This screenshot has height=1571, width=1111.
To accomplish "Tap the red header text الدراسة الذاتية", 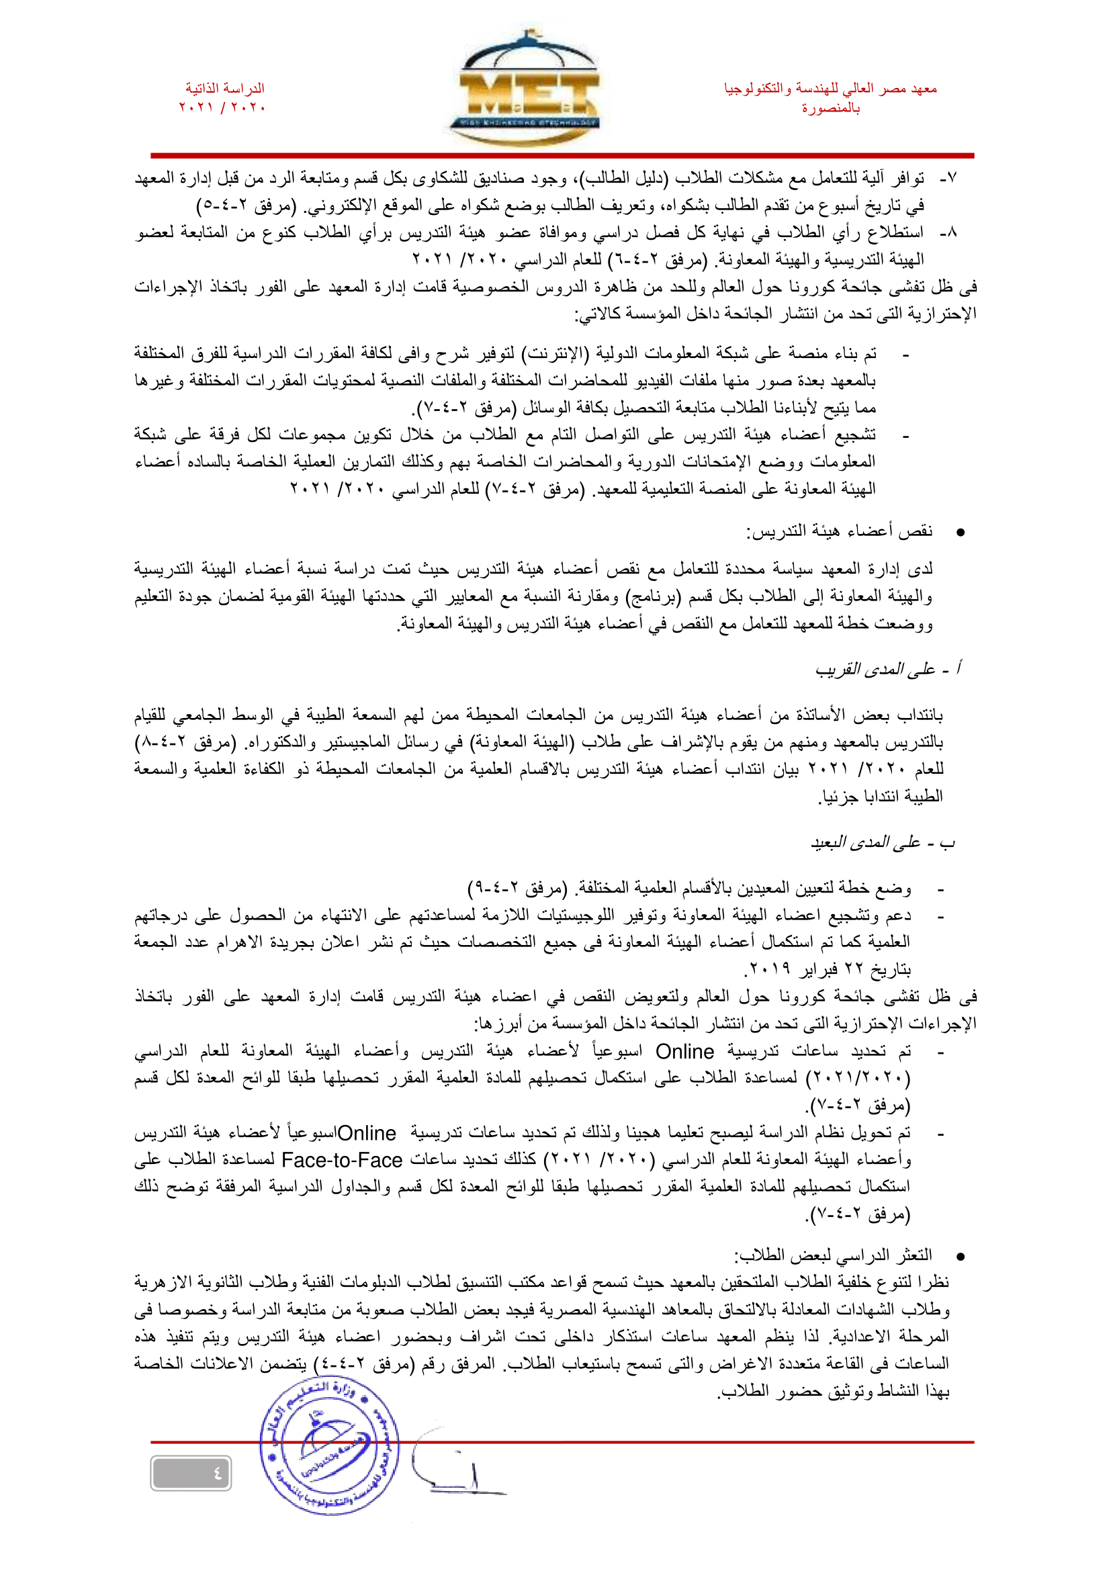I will click(224, 88).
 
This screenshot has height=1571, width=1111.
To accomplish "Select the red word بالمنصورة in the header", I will click(831, 108).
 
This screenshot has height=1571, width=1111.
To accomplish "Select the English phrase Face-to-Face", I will click(341, 1160).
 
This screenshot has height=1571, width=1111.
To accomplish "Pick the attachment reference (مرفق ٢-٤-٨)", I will click(185, 742).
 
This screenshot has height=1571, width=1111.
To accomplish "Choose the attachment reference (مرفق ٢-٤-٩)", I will click(518, 888).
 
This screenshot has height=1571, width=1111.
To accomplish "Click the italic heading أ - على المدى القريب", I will click(887, 668).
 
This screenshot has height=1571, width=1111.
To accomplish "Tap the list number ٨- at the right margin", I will click(948, 232).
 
